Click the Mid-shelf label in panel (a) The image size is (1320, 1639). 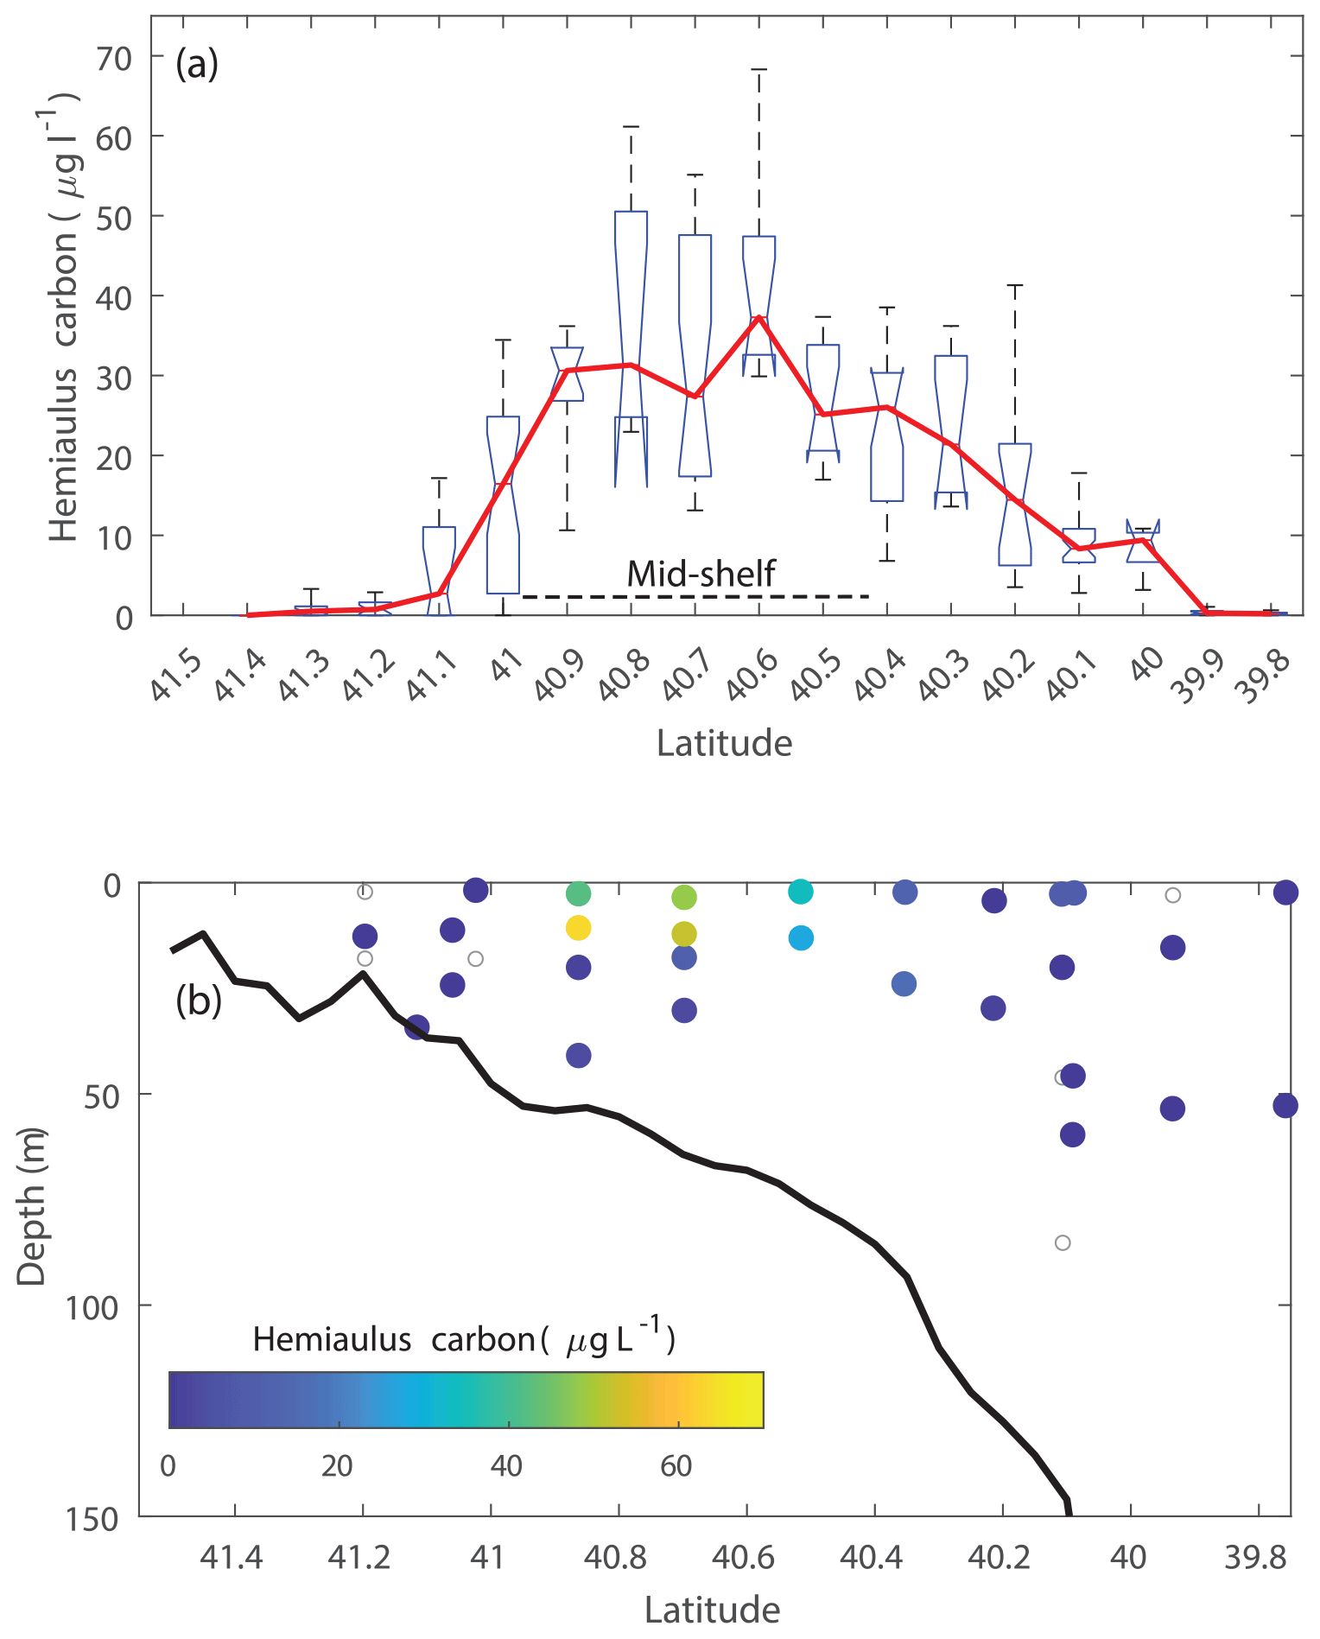(701, 574)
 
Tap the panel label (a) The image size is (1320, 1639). (197, 64)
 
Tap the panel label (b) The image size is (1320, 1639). (199, 1001)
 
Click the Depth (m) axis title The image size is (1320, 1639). (31, 1206)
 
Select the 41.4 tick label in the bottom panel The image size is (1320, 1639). (231, 1557)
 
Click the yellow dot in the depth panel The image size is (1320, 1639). (578, 928)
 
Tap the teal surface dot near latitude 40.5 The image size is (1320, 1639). (801, 892)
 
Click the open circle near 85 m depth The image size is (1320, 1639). (1063, 1242)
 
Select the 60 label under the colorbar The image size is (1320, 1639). (676, 1465)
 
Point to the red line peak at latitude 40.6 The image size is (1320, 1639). (758, 317)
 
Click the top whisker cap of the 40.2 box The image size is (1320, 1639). (1015, 285)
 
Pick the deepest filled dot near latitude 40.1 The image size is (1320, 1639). (1072, 1134)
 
